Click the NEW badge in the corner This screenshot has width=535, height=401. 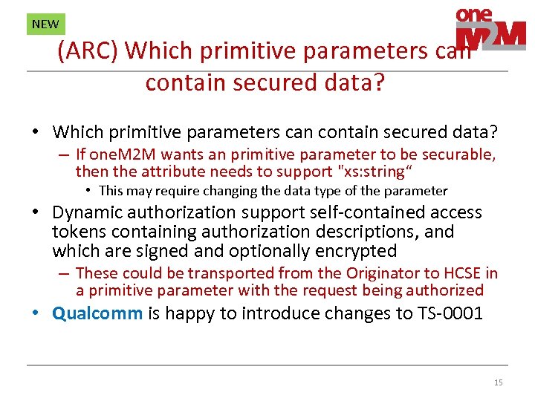[x=45, y=24]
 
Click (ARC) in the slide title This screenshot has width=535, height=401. [x=88, y=50]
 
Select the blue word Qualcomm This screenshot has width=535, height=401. [x=97, y=313]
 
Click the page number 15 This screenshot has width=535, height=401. [x=498, y=382]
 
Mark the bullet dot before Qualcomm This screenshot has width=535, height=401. [x=36, y=313]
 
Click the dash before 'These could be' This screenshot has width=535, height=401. [x=65, y=273]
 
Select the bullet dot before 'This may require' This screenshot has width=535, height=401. [x=88, y=191]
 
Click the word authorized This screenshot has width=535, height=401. [x=444, y=290]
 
